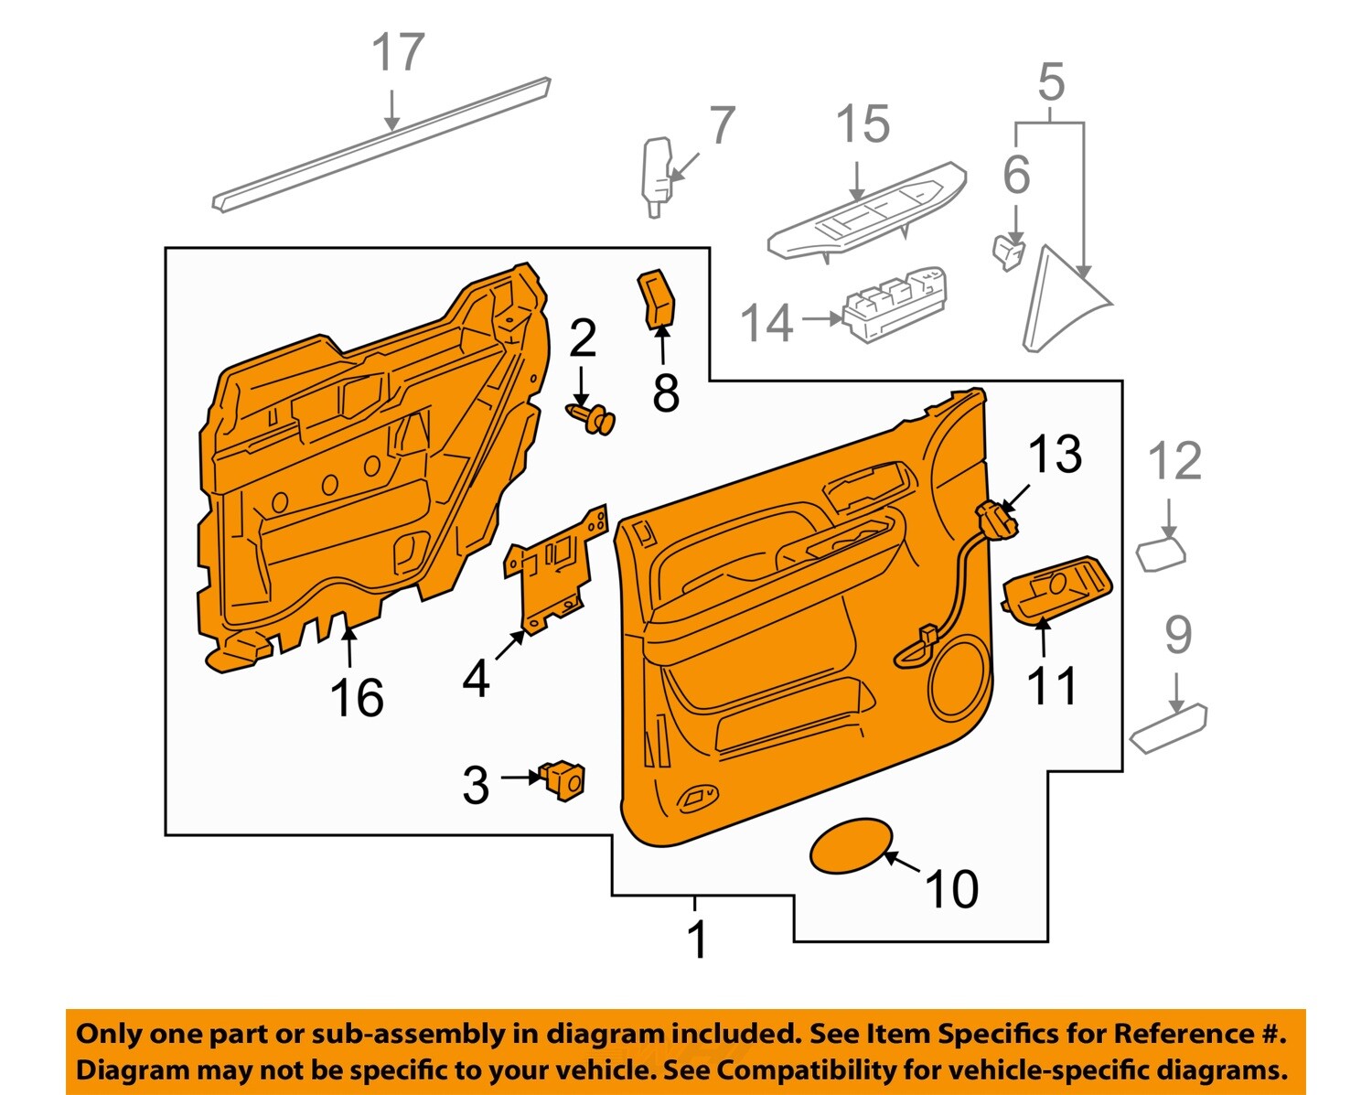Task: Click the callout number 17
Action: (398, 53)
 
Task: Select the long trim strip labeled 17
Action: (382, 145)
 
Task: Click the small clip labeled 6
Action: (1008, 252)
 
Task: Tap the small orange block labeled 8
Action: (656, 298)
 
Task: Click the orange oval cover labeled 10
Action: (850, 845)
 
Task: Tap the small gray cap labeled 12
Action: (1160, 554)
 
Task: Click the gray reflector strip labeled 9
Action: (1168, 728)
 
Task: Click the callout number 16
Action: (356, 698)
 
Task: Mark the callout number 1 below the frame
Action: (697, 939)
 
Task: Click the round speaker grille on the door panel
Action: (959, 682)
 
